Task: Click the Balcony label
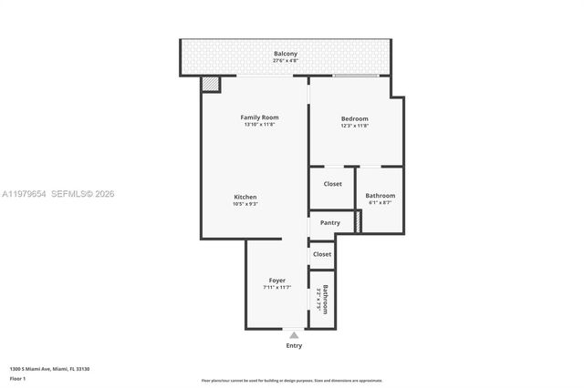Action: [286, 54]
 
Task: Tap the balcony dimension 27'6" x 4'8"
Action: [286, 61]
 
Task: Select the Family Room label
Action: [259, 117]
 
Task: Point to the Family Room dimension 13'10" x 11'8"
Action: [259, 125]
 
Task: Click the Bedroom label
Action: [354, 118]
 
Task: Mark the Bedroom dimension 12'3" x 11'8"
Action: [354, 126]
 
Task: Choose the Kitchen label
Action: [245, 197]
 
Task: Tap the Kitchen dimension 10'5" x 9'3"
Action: [245, 204]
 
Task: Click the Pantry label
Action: [329, 222]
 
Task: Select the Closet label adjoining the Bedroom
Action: [332, 184]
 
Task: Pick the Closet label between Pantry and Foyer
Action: [322, 254]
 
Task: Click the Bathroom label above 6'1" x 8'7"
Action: [380, 195]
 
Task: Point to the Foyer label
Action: [276, 280]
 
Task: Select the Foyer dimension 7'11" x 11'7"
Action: [276, 287]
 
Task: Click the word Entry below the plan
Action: [294, 345]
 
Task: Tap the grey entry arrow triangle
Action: [294, 335]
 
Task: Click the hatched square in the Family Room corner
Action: [211, 84]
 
